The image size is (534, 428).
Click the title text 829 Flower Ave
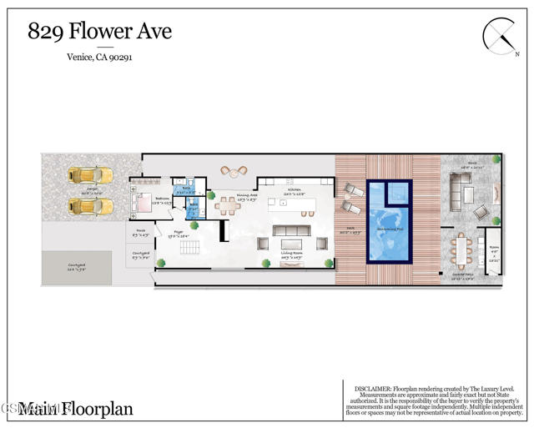(99, 32)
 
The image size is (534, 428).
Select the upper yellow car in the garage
(90, 176)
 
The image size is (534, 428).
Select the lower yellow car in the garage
(90, 205)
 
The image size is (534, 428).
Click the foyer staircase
(190, 249)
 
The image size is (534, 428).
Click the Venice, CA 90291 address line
(99, 58)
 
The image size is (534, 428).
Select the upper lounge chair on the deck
(353, 189)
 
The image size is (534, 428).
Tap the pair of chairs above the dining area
(234, 171)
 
